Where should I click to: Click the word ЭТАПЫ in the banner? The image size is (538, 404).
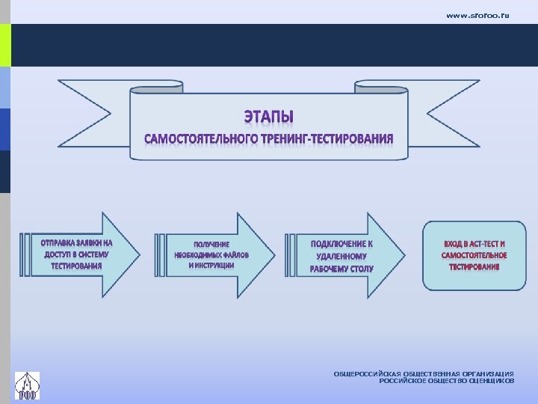(x=269, y=117)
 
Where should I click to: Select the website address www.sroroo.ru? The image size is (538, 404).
(x=477, y=15)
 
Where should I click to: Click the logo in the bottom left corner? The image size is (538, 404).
(x=28, y=385)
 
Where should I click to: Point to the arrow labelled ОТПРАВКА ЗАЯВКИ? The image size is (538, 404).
(x=82, y=255)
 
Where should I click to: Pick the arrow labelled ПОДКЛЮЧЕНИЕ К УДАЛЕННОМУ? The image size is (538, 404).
(x=344, y=255)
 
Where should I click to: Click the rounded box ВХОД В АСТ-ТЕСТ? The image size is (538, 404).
(x=474, y=255)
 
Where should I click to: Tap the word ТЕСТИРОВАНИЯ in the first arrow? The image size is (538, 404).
(x=76, y=266)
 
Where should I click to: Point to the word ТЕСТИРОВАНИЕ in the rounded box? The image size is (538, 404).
(x=474, y=267)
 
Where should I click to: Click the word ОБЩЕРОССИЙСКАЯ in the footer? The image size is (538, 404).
(x=367, y=373)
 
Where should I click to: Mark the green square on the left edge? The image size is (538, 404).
(x=5, y=45)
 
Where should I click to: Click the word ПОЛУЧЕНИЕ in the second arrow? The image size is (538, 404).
(x=211, y=245)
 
